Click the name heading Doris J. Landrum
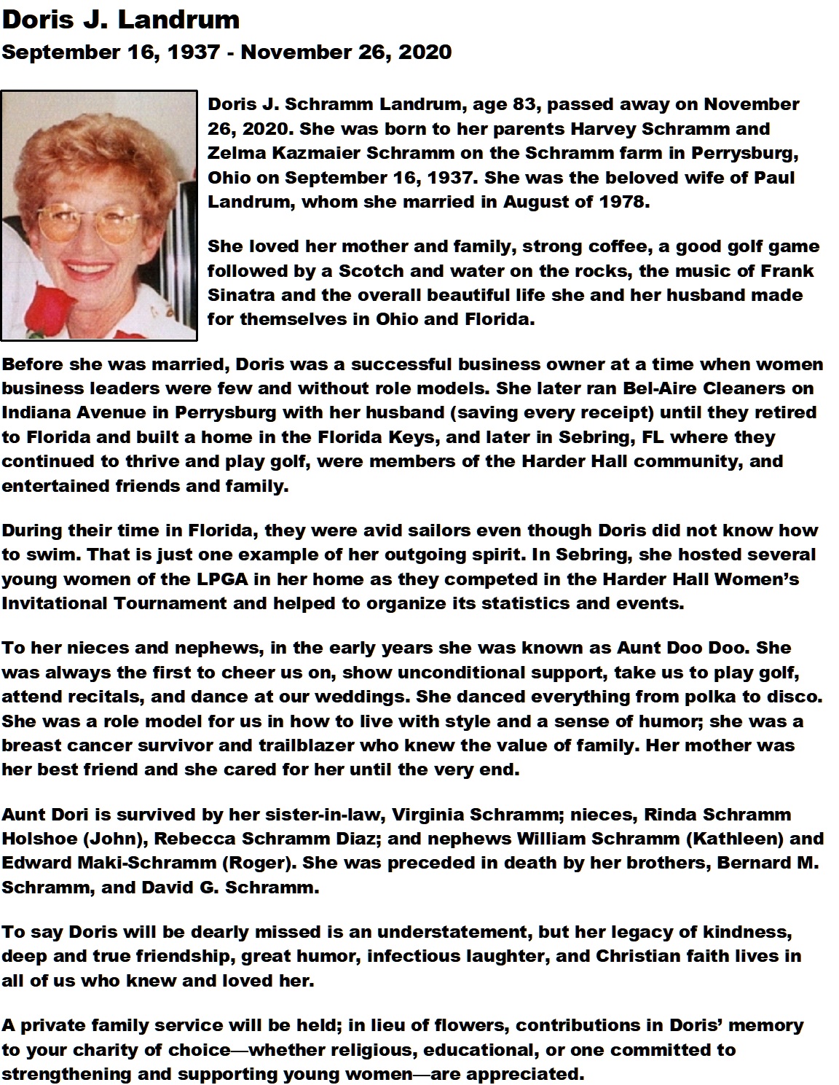point(121,20)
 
